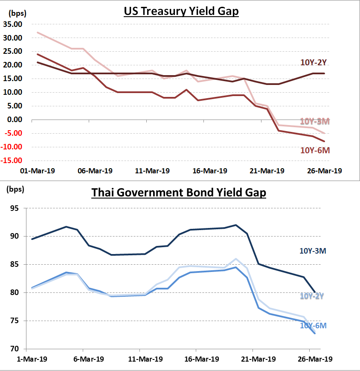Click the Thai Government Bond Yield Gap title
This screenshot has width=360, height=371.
179,193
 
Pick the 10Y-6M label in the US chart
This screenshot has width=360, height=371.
315,150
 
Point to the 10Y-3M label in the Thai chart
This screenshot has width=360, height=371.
313,251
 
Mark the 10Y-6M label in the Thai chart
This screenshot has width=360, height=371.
313,325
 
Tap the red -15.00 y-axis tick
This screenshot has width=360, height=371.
14,161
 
